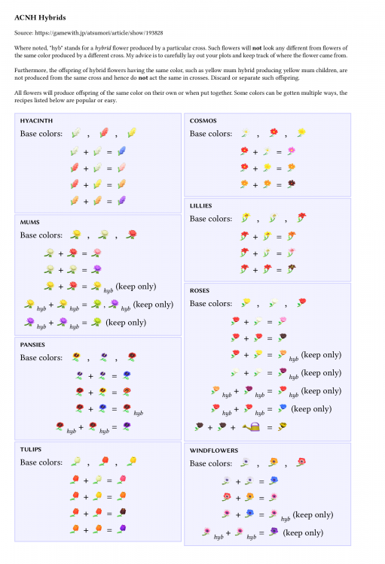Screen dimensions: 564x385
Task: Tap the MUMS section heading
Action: click(31, 222)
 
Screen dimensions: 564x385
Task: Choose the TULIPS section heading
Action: click(32, 448)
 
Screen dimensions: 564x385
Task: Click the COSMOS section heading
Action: click(203, 120)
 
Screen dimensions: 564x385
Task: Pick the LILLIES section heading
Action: click(202, 205)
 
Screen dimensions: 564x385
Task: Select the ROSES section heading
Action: click(200, 290)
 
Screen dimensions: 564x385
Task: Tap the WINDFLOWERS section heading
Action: click(214, 450)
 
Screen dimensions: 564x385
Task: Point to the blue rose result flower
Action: click(282, 408)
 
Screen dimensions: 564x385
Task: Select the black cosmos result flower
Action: click(291, 183)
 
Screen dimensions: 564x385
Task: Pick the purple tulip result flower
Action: click(121, 529)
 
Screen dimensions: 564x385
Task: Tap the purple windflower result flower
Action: click(273, 532)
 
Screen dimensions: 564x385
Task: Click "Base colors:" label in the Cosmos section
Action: click(211, 134)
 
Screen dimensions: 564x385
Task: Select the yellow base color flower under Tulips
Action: click(131, 461)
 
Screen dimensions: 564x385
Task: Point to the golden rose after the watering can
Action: click(283, 426)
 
